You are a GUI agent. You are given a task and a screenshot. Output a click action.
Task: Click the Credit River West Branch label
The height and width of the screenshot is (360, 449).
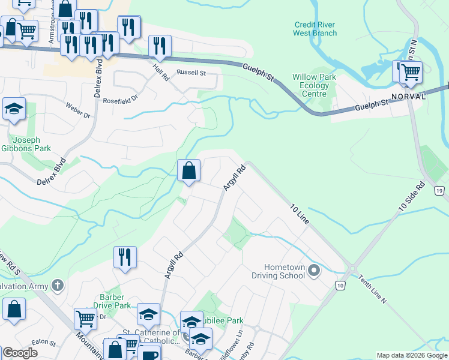pyautogui.click(x=315, y=29)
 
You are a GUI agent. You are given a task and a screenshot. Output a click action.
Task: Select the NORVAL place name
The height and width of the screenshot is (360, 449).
pyautogui.click(x=408, y=96)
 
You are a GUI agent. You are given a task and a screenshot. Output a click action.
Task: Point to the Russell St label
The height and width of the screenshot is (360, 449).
pyautogui.click(x=191, y=73)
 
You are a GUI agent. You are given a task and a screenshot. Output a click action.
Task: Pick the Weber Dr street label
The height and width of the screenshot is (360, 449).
pyautogui.click(x=78, y=114)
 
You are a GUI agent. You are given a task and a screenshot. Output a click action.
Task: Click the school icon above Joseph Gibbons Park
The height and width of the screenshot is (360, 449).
pyautogui.click(x=14, y=110)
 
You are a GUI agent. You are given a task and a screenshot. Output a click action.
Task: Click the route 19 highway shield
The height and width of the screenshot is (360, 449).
pyautogui.click(x=440, y=191)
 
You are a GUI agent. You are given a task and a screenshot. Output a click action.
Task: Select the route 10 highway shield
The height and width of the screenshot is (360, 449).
pyautogui.click(x=340, y=286)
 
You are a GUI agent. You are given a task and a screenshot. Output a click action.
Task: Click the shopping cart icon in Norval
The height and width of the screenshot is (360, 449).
pyautogui.click(x=411, y=73)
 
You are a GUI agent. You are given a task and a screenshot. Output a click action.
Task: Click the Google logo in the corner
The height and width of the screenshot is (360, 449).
pyautogui.click(x=19, y=353)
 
